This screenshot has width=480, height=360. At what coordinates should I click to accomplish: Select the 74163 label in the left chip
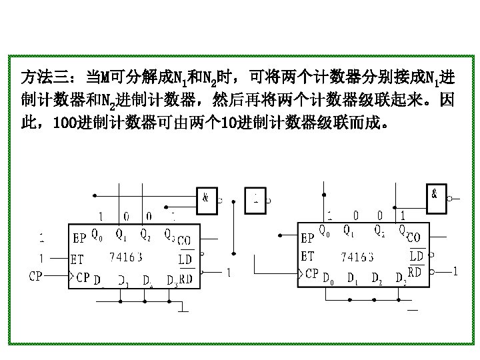pos(125,256)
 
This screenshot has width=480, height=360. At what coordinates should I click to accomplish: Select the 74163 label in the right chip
pos(357,255)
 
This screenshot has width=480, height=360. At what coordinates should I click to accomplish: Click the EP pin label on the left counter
pos(79,237)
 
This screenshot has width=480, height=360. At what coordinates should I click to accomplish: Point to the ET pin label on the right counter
pos(307,255)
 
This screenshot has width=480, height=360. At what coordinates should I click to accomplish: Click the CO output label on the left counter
pos(184,240)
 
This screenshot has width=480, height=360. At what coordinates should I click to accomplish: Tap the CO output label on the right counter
pos(413,237)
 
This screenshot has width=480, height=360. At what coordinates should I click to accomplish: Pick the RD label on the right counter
pos(414,272)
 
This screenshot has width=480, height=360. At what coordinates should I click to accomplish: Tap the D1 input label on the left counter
pos(124,282)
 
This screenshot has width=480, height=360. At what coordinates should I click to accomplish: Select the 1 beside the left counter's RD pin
pos(229,273)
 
